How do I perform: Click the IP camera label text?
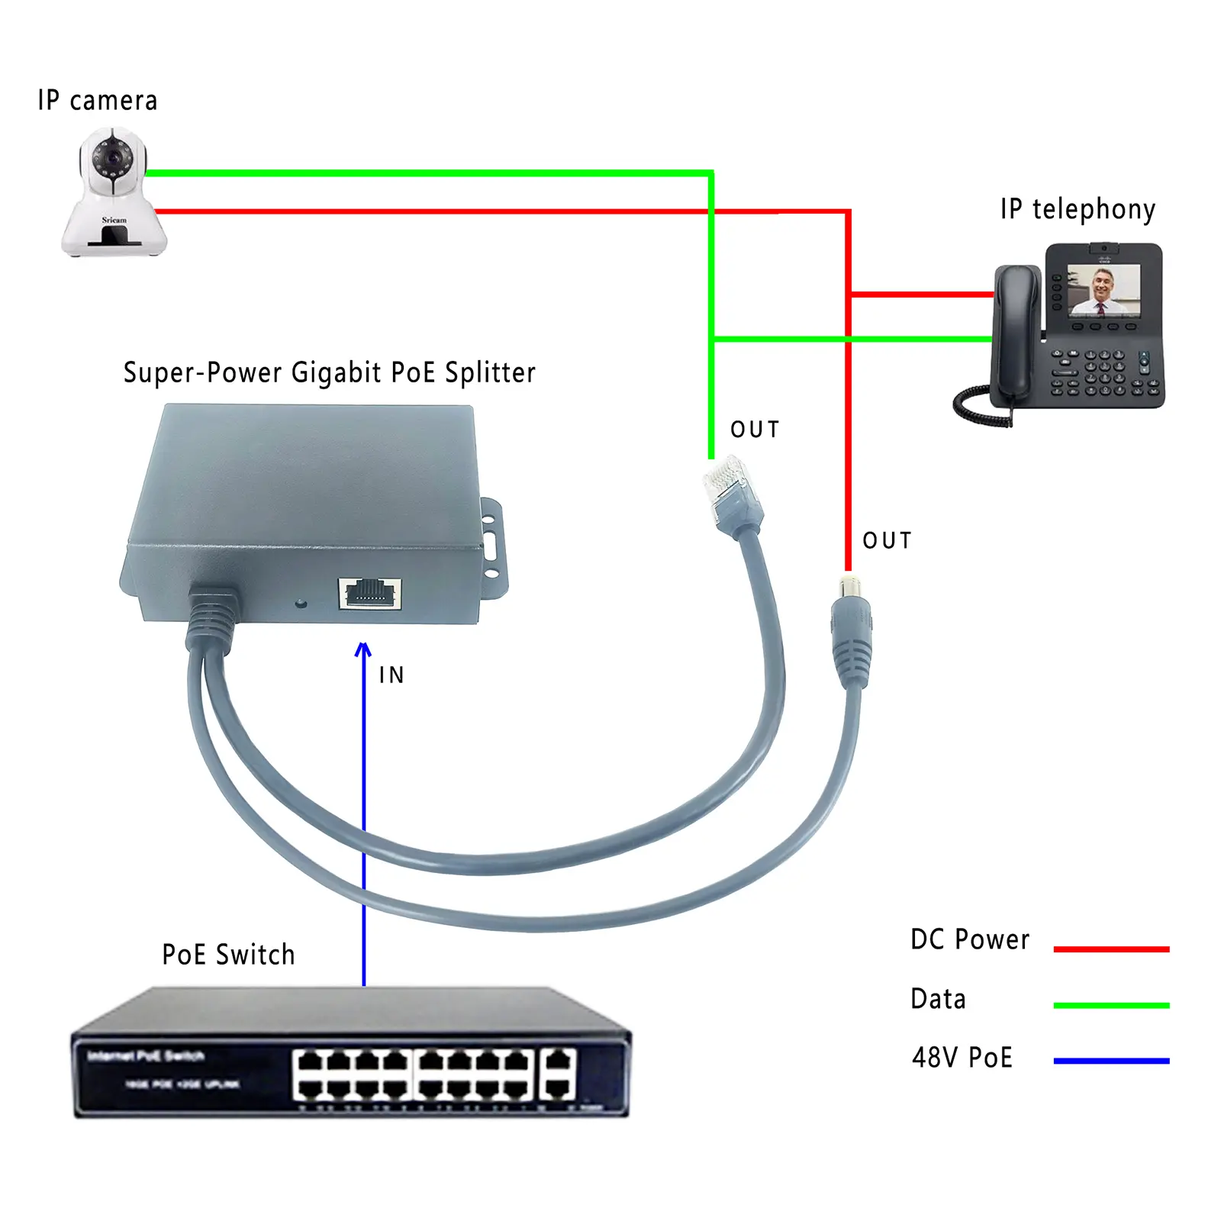click(98, 101)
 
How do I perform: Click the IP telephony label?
click(1078, 209)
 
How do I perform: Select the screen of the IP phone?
click(1103, 290)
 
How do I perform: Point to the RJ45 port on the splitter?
click(370, 593)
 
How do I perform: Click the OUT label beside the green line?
click(755, 430)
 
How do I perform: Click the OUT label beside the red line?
click(887, 541)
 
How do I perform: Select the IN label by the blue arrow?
click(391, 675)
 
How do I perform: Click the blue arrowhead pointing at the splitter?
click(364, 650)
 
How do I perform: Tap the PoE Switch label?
click(228, 955)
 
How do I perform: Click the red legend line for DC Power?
click(1111, 949)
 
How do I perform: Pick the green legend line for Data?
click(1111, 1006)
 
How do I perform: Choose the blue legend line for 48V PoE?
click(1111, 1061)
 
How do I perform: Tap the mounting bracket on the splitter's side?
click(493, 546)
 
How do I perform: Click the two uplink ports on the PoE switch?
click(559, 1074)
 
